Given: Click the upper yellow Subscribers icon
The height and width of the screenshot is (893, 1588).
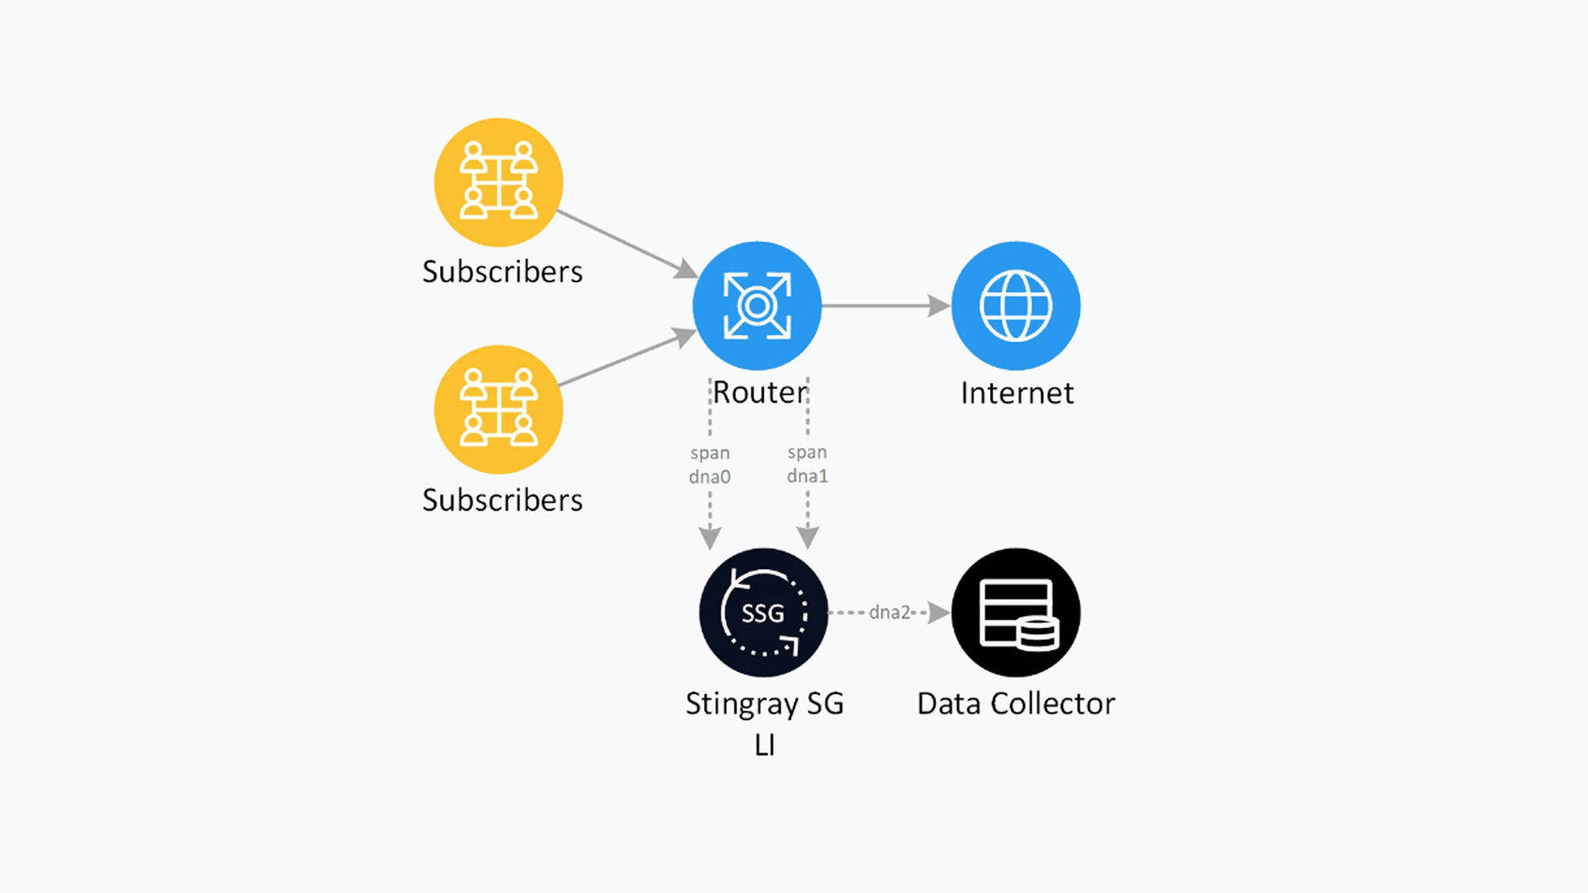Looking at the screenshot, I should pyautogui.click(x=498, y=182).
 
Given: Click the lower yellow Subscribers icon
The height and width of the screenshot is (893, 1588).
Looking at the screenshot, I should pyautogui.click(x=498, y=409).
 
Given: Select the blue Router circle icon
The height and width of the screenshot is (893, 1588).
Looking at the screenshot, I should pyautogui.click(x=757, y=306).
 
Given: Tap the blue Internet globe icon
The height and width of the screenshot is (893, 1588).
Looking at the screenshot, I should pyautogui.click(x=1016, y=306).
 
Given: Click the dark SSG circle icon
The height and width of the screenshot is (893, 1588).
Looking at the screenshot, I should pyautogui.click(x=763, y=613).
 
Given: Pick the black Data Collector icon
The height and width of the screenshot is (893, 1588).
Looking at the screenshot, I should pyautogui.click(x=1016, y=613).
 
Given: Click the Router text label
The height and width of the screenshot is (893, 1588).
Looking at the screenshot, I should pyautogui.click(x=759, y=393).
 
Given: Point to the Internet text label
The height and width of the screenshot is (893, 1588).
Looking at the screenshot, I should pyautogui.click(x=1016, y=394).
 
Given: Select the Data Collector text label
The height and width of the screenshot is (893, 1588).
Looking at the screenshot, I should pyautogui.click(x=1016, y=704).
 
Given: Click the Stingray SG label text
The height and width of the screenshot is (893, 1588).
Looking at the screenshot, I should pyautogui.click(x=764, y=704).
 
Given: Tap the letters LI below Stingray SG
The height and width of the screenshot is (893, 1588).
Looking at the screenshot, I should pyautogui.click(x=764, y=746).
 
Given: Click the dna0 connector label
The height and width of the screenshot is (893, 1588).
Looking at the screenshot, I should pyautogui.click(x=710, y=477).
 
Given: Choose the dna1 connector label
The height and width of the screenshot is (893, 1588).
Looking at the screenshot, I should pyautogui.click(x=807, y=476).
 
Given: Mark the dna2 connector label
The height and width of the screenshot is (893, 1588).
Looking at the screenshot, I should pyautogui.click(x=889, y=613).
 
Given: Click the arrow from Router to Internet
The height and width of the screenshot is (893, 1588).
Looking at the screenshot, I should pyautogui.click(x=885, y=306).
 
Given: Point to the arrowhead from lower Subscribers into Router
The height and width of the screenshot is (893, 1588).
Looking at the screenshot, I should pyautogui.click(x=685, y=337).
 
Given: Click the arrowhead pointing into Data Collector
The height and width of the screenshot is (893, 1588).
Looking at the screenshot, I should pyautogui.click(x=939, y=613).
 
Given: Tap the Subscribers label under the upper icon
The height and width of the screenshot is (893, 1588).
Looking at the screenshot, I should pyautogui.click(x=502, y=272).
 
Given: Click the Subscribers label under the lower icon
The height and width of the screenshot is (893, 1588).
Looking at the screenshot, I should pyautogui.click(x=502, y=500).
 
